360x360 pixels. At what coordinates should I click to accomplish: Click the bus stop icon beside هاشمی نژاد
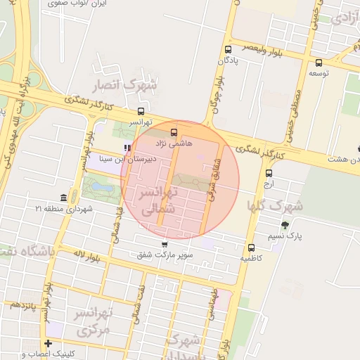pos(174,131)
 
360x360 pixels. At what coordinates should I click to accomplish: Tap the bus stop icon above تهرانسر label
pos(141,111)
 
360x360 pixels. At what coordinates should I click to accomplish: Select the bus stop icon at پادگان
pos(228,49)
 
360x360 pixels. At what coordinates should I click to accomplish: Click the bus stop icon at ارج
pos(269,173)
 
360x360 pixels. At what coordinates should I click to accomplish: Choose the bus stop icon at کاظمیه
pos(251,247)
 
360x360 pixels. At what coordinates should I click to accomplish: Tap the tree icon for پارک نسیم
pos(284,225)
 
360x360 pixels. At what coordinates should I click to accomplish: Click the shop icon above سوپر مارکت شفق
pos(165,244)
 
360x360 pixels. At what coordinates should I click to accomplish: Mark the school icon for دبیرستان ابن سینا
pos(127,148)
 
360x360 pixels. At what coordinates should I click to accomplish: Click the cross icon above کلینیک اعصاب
pos(48,343)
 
